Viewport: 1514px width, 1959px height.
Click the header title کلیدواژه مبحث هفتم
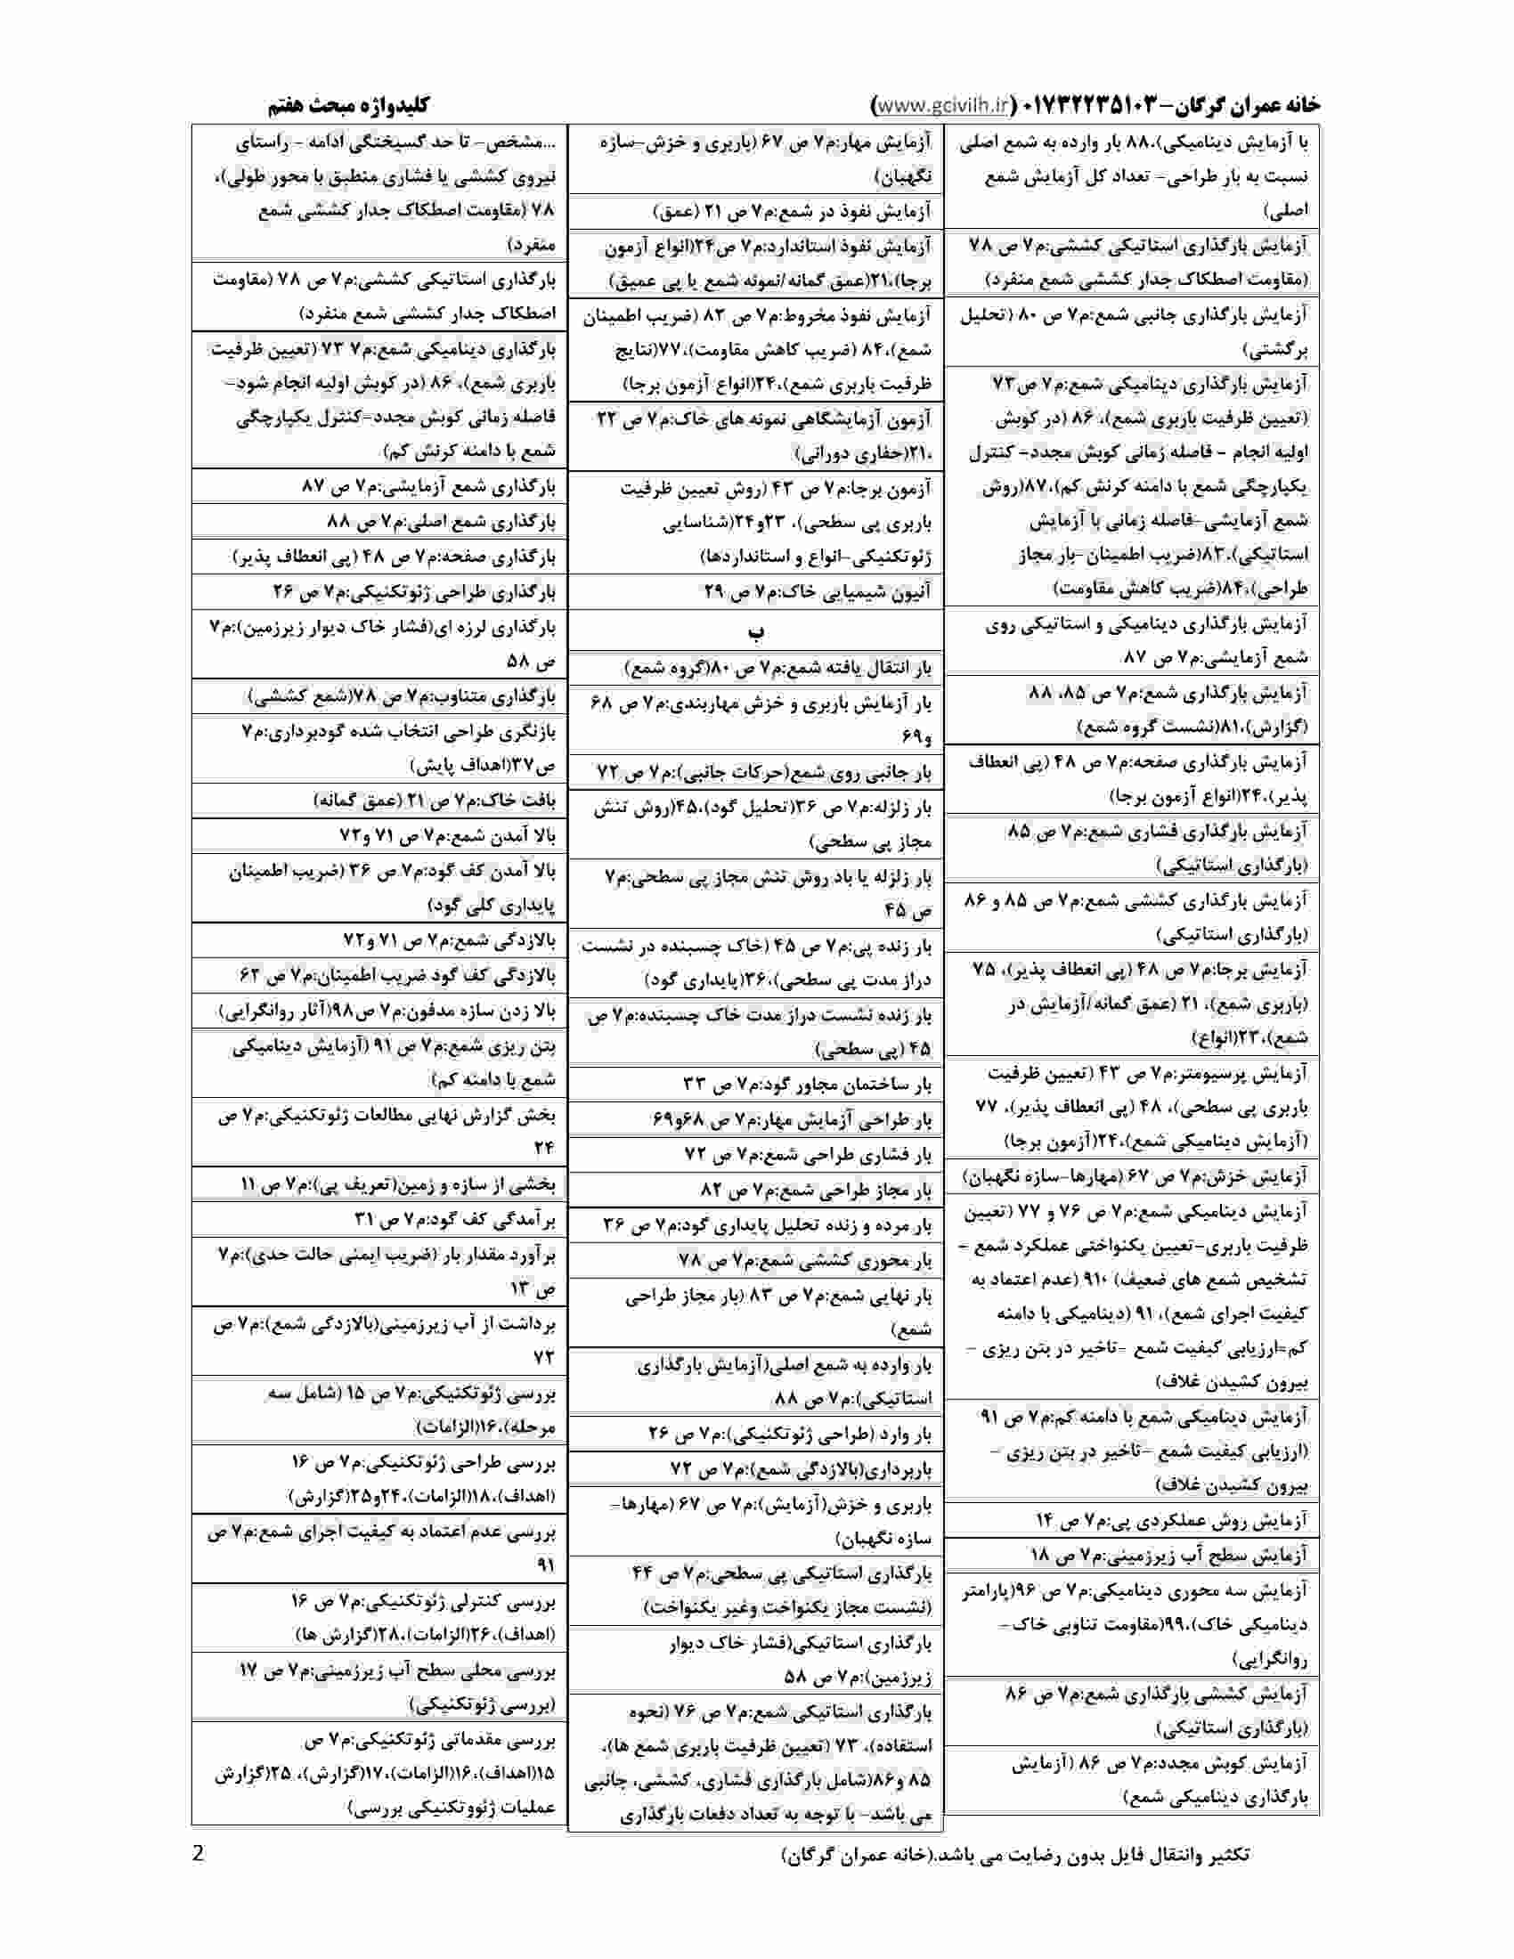[350, 106]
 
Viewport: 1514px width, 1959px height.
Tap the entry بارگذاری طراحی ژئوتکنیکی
[414, 592]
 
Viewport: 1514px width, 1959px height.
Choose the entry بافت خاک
[435, 801]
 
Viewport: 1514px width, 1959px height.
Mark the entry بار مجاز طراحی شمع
[816, 1191]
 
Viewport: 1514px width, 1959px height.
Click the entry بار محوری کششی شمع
[805, 1260]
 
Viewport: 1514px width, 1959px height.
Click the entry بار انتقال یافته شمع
[777, 668]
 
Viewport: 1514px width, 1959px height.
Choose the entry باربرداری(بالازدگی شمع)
[801, 1468]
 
